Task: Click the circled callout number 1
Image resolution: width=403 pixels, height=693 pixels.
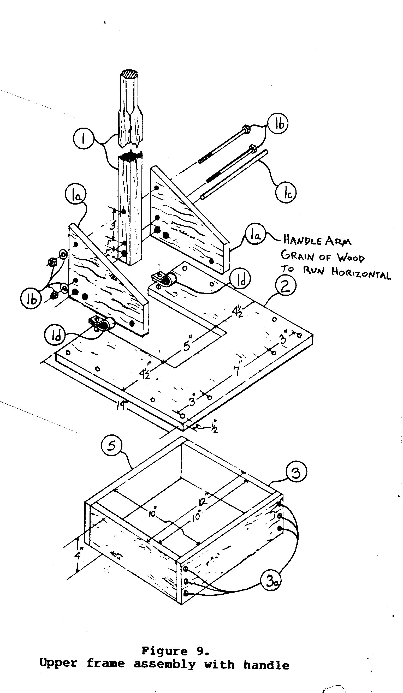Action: [84, 139]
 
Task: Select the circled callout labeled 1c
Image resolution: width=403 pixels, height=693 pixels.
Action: [286, 193]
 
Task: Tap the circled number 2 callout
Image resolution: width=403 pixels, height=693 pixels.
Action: [286, 286]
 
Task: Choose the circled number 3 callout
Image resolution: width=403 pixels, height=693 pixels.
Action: [296, 473]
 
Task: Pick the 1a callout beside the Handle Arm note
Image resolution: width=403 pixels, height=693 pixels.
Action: [256, 234]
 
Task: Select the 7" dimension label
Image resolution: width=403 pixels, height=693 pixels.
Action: [237, 371]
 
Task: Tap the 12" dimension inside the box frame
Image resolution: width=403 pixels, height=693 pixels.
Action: [204, 501]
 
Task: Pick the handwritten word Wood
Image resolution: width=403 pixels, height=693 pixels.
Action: [351, 258]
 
